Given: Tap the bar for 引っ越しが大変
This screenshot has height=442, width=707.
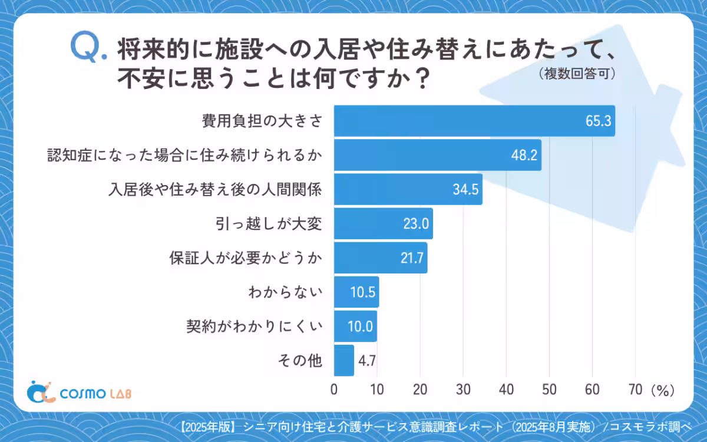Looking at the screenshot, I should [x=383, y=223].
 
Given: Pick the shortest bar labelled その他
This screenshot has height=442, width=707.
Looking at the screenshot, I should [x=344, y=360].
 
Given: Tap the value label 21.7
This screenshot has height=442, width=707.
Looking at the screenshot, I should [x=412, y=258].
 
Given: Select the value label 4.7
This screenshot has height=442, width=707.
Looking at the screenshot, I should [x=368, y=361].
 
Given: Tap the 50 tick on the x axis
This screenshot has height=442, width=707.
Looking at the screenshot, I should [x=549, y=390].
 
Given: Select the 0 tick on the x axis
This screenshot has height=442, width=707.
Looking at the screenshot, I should [x=334, y=390].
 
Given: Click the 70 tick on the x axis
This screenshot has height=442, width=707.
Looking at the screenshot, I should [x=635, y=390].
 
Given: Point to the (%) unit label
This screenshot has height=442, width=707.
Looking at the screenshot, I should [x=662, y=390].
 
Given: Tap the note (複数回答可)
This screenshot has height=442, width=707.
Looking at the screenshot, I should [x=577, y=73].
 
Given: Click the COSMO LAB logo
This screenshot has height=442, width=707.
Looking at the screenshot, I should [x=80, y=392].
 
